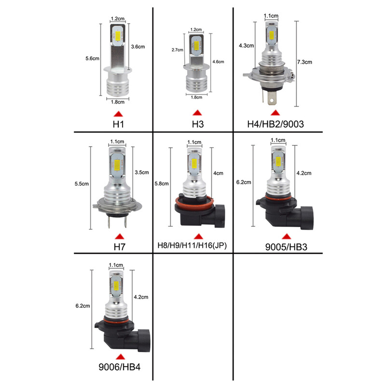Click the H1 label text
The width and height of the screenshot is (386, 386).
tap(118, 124)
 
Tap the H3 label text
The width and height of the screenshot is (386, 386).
tap(197, 124)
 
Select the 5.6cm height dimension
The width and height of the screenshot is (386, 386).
tap(92, 58)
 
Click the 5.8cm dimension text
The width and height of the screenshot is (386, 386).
tap(162, 183)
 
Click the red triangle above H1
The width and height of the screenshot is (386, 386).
tap(118, 113)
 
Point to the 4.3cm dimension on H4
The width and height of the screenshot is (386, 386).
tap(246, 46)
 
